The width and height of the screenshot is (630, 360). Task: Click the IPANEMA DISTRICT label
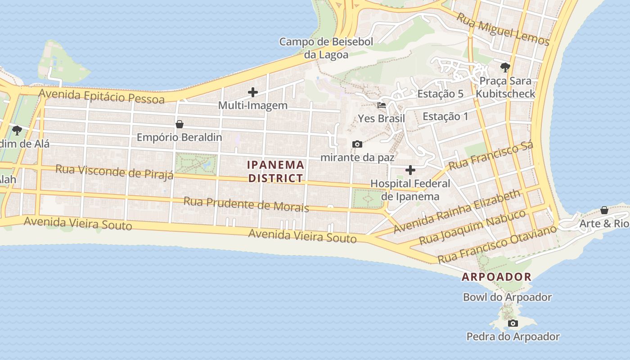tap(276, 171)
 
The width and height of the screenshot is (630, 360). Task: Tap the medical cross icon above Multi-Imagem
tap(253, 92)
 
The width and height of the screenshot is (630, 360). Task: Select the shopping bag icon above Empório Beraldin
tap(180, 124)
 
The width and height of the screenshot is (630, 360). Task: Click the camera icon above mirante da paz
tap(357, 144)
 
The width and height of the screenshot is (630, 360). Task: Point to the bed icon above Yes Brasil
tap(382, 105)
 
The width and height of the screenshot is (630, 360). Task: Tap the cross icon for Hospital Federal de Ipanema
tap(410, 170)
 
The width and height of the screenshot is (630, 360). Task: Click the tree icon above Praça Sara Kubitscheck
tap(505, 68)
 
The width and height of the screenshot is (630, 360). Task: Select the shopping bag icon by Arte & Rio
tap(604, 210)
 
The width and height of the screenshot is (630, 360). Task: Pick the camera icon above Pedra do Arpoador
tap(513, 323)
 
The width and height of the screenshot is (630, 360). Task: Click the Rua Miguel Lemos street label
tap(503, 29)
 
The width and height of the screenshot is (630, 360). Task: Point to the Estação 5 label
tap(440, 94)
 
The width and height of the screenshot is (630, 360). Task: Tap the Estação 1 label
tap(445, 117)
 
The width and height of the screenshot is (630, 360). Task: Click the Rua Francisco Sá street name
tap(491, 156)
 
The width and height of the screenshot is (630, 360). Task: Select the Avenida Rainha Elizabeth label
tap(457, 211)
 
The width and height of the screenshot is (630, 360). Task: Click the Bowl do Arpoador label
tap(507, 297)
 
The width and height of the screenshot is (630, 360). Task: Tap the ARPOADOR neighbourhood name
tap(497, 277)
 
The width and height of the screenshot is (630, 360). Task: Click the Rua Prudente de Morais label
tap(246, 204)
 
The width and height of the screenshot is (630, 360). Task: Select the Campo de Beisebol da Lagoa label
tap(326, 48)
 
